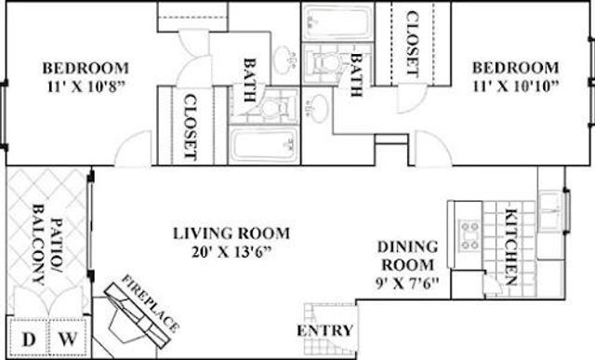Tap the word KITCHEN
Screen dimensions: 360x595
(510, 247)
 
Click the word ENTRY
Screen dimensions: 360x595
(324, 331)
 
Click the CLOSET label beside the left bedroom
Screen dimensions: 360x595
(190, 125)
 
